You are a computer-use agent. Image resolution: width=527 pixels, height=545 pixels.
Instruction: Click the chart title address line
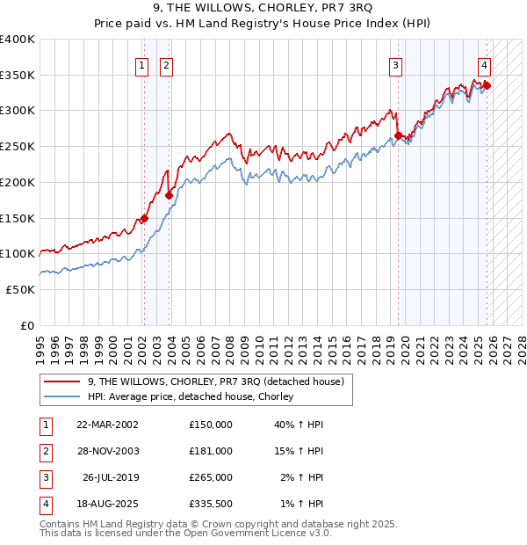point(263,10)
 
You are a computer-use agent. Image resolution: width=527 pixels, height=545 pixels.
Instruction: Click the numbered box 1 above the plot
point(141,64)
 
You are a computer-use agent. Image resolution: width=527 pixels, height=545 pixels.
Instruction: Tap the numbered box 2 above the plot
point(166,64)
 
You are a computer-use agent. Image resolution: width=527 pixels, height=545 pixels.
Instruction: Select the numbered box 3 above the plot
point(396,64)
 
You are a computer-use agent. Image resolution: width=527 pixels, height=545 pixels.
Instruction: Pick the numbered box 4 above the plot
point(484,64)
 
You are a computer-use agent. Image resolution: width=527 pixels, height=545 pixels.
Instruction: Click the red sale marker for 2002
point(144,219)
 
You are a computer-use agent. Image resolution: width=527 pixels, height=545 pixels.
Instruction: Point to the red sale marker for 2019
point(399,135)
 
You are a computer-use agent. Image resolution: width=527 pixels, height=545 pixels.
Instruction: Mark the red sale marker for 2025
point(487,85)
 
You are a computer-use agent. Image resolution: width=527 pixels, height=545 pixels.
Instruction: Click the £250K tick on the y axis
point(18,147)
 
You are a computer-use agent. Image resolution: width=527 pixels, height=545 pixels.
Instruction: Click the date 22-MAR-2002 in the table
point(107,425)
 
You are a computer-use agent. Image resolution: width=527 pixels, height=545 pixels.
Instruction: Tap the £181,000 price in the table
point(210,451)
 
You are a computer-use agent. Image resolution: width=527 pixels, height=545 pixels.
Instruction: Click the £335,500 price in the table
point(210,504)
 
